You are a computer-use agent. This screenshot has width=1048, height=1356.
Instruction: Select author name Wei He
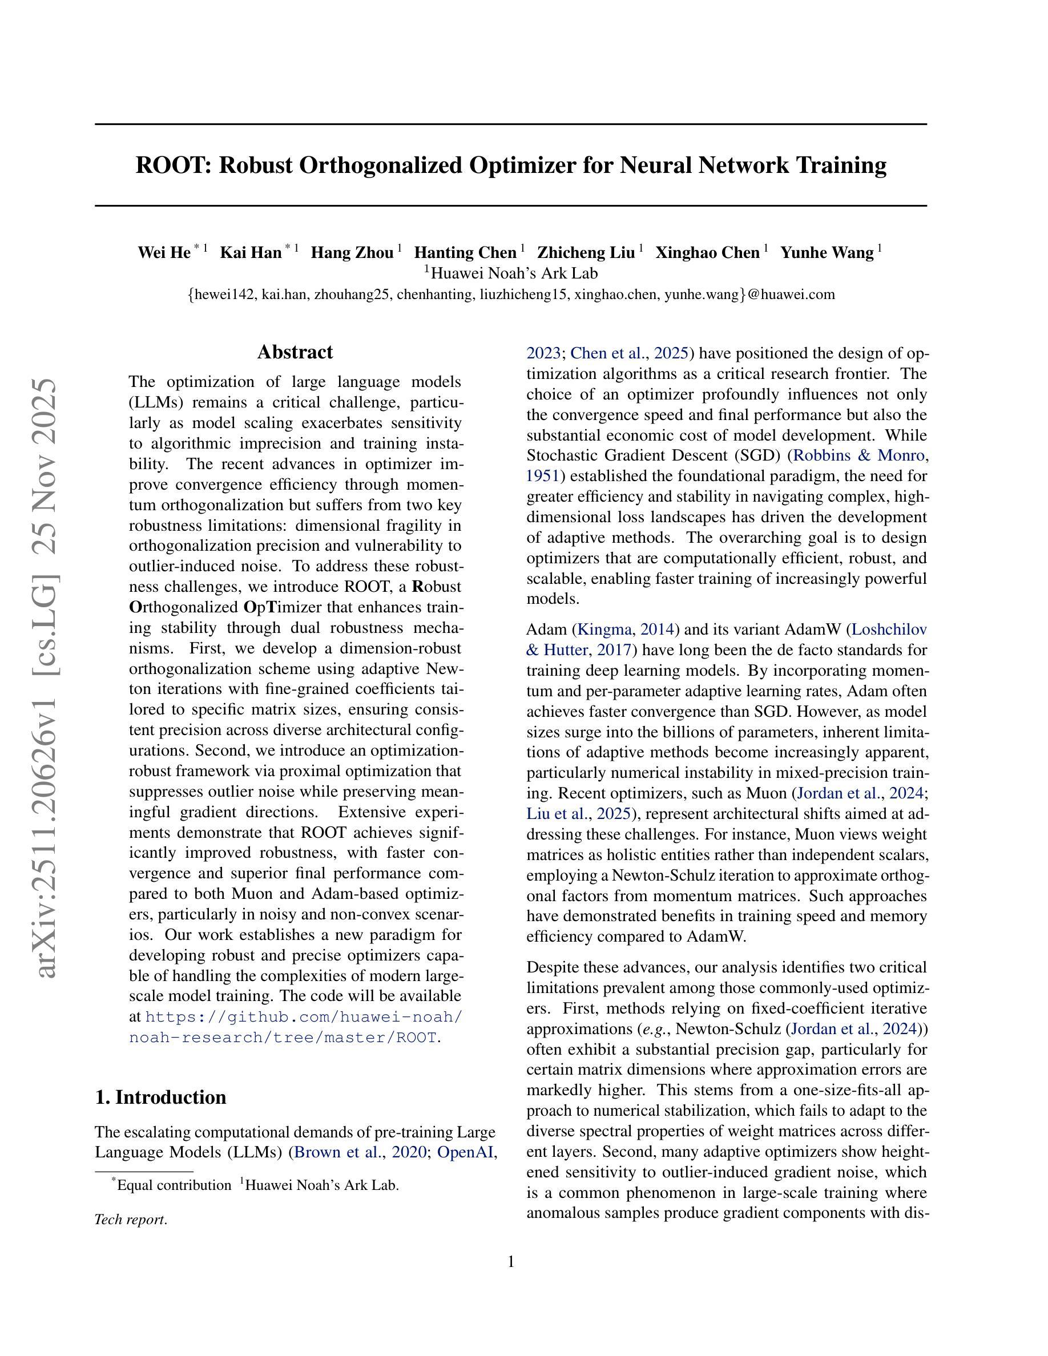click(164, 253)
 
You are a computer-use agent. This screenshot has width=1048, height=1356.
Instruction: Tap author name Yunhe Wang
click(827, 253)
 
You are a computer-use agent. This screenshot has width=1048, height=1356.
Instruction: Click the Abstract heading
click(295, 352)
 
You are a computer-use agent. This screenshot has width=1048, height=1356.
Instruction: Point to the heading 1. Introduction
click(160, 1097)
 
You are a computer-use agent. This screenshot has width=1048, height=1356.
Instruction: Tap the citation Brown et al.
click(338, 1152)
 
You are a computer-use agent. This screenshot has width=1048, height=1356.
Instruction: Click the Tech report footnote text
click(130, 1220)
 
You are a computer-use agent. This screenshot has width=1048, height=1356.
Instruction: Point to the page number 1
click(511, 1262)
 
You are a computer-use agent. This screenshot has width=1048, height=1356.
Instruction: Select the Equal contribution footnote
click(174, 1185)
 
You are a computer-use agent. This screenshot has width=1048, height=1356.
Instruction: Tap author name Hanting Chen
click(465, 253)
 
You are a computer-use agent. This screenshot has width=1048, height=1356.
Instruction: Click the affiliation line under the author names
click(510, 273)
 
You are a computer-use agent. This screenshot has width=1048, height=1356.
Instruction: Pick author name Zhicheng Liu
click(586, 253)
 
